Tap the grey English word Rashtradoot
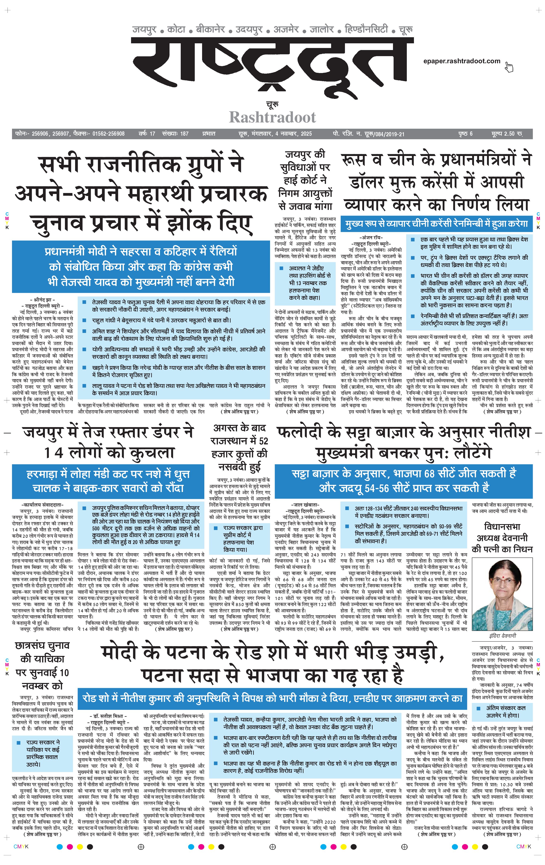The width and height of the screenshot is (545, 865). coord(272,117)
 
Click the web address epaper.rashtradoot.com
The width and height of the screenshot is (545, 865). coord(462,61)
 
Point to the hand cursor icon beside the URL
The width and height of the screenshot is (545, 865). coord(509,67)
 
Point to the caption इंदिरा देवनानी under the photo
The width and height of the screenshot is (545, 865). coord(502,635)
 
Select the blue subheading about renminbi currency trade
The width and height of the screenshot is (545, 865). coord(437,224)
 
